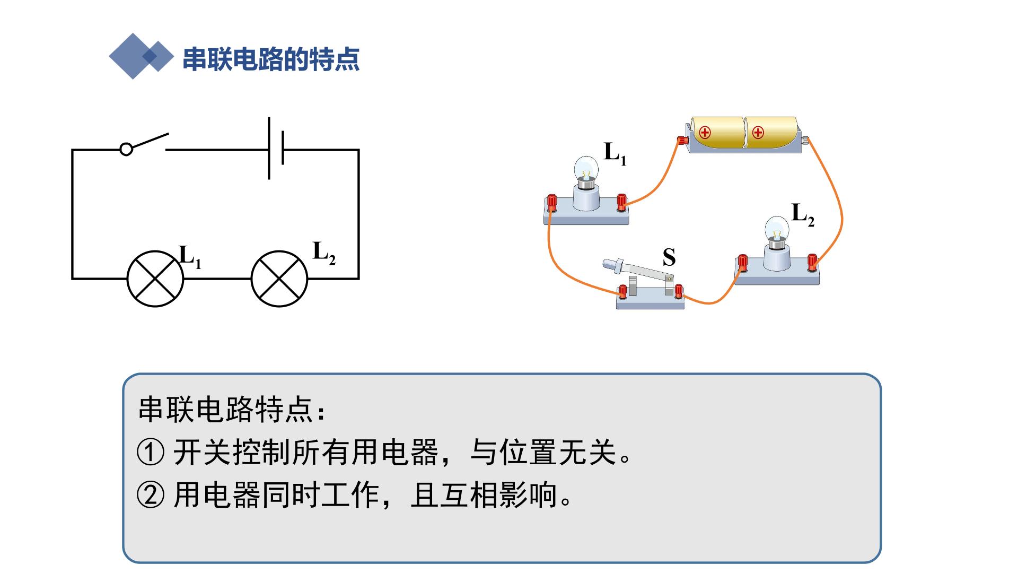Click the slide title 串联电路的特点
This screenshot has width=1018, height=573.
(271, 59)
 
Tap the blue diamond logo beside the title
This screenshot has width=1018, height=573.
(141, 56)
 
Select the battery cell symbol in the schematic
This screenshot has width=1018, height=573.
(276, 148)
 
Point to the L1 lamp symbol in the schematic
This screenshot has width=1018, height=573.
(155, 279)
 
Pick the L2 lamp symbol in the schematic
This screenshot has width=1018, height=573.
(279, 279)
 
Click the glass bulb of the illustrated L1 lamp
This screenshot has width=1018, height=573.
(586, 169)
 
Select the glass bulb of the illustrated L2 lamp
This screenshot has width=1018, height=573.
(777, 229)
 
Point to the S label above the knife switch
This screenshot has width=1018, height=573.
(669, 257)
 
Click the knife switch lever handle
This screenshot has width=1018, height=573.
(615, 264)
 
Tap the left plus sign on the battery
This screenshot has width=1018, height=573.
(705, 132)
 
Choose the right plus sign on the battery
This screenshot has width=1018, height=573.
(758, 132)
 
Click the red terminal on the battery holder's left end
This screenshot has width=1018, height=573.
(682, 141)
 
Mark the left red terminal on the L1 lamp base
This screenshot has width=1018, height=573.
(552, 202)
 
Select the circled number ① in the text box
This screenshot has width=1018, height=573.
(151, 453)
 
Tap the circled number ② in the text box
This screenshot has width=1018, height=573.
(151, 496)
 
